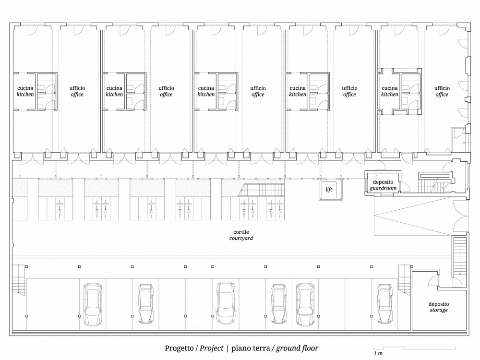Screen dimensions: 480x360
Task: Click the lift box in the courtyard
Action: [x=329, y=190]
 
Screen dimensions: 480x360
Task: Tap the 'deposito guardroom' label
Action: [x=383, y=185]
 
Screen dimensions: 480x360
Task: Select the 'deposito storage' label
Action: [x=439, y=307]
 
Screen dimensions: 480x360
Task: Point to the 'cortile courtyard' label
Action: [x=241, y=235]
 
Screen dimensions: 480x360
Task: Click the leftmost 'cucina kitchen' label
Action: [x=25, y=91]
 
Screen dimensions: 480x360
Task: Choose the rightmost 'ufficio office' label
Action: [x=442, y=91]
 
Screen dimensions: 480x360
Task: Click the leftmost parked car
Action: [x=93, y=304]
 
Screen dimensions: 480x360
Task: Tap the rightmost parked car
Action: [x=385, y=304]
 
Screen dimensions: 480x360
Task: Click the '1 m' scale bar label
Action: [x=378, y=353]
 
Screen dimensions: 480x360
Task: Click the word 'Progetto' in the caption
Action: [x=179, y=348]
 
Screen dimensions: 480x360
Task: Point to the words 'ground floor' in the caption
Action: [x=297, y=348]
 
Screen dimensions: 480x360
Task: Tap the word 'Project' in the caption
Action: [x=212, y=348]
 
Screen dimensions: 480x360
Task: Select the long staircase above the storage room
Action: [x=460, y=257]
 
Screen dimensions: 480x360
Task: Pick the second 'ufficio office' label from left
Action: [x=166, y=91]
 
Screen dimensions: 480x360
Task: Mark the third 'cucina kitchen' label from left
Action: [x=206, y=91]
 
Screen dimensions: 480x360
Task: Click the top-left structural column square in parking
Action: [x=26, y=266]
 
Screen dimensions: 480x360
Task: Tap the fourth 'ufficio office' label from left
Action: [x=349, y=91]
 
